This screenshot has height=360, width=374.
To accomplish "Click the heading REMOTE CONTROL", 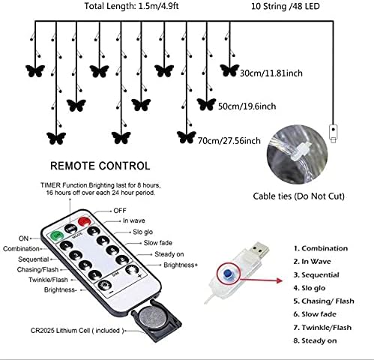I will [100, 166].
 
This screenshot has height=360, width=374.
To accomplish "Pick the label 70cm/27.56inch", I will [231, 140].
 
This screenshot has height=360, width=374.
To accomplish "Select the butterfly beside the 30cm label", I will [228, 70].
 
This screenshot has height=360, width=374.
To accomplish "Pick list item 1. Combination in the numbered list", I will [321, 247].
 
